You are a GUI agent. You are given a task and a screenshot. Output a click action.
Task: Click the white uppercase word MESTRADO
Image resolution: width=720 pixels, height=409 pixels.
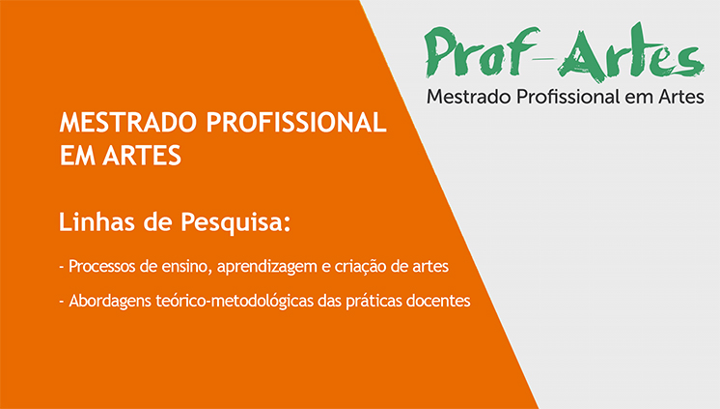point(129,124)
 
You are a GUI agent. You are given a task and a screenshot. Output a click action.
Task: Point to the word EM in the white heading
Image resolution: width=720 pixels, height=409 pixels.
point(76,155)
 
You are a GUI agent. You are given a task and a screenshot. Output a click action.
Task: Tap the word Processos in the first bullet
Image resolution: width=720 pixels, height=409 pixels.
point(103,265)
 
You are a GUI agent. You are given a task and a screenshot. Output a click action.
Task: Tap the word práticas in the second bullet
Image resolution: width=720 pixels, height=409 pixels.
point(374,301)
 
